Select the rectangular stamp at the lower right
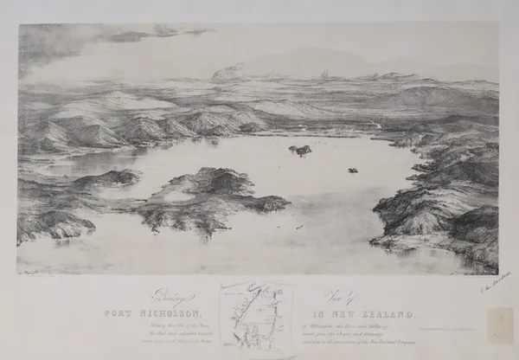point(500,325)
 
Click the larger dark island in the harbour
point(300,150)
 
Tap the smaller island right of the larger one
point(352,170)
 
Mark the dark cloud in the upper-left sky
point(130,36)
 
